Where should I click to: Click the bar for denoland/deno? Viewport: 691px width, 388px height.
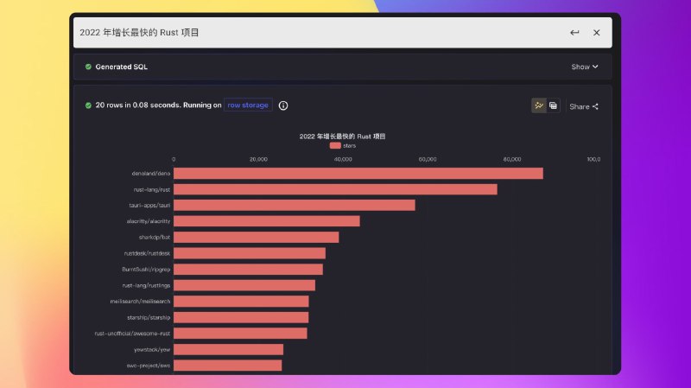click(x=358, y=173)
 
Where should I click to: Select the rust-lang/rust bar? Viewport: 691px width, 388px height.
click(x=335, y=189)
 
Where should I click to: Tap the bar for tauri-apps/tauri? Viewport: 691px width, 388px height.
click(x=294, y=205)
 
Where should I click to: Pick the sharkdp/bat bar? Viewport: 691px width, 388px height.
click(x=256, y=237)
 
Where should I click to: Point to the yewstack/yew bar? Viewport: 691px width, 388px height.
click(x=228, y=349)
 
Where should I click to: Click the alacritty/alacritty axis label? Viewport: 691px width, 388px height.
click(x=149, y=221)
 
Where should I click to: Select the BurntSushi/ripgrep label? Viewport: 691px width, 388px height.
click(x=147, y=269)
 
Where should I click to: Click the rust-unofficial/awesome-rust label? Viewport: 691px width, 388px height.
click(x=133, y=333)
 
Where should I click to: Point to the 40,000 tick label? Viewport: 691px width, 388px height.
click(x=343, y=159)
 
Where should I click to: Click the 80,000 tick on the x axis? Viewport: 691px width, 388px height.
click(x=512, y=159)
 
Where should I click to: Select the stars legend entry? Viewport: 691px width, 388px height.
click(x=343, y=146)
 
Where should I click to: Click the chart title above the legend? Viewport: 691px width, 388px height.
click(x=342, y=137)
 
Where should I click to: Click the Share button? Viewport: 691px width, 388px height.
click(x=584, y=106)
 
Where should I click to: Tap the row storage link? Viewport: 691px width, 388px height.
click(x=248, y=105)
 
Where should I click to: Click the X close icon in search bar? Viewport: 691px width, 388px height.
click(x=596, y=33)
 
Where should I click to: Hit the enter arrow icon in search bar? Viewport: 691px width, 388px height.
click(x=574, y=33)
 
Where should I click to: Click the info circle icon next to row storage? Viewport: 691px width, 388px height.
click(x=283, y=105)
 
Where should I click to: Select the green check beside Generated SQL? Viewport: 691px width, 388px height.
click(x=88, y=67)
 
